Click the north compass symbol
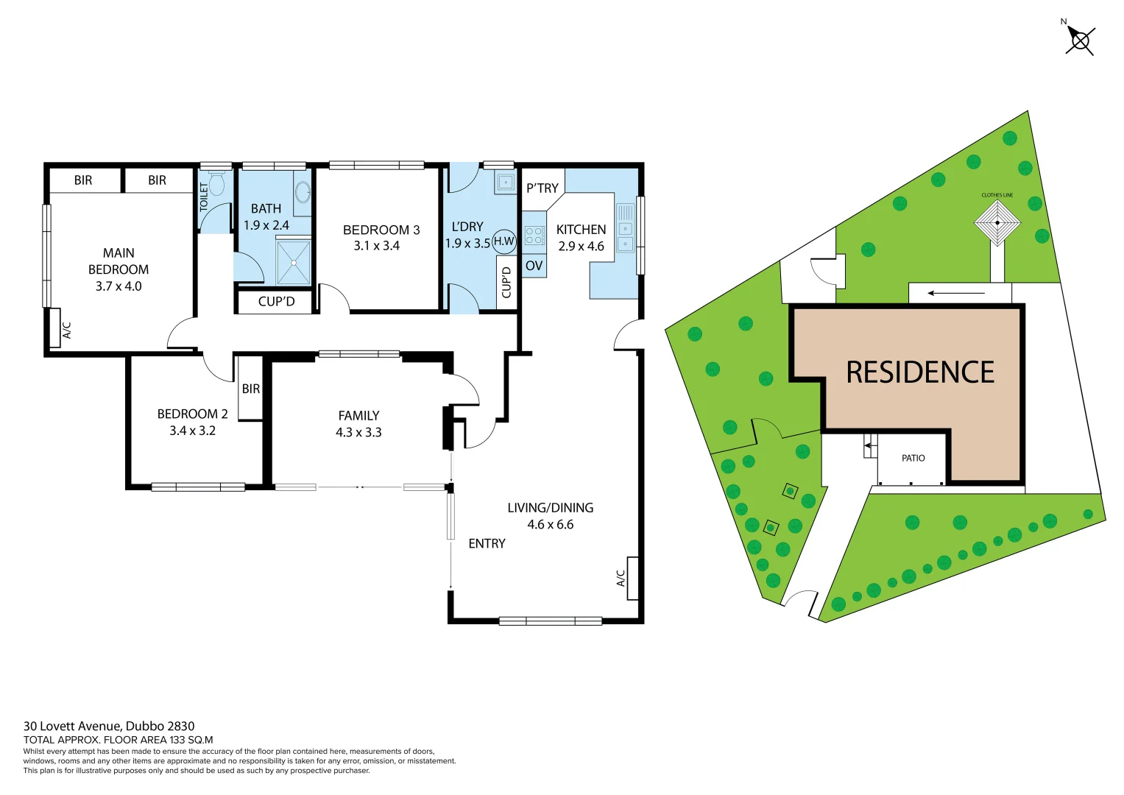pyautogui.click(x=1080, y=40)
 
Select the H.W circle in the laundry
pyautogui.click(x=504, y=241)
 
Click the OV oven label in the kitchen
pyautogui.click(x=534, y=266)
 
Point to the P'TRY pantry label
pyautogui.click(x=542, y=188)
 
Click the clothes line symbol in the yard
pyautogui.click(x=997, y=222)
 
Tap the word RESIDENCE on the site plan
pyautogui.click(x=920, y=372)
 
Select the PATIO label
pyautogui.click(x=913, y=458)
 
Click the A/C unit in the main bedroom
pyautogui.click(x=54, y=328)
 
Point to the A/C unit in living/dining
pyautogui.click(x=632, y=578)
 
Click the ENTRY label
pyautogui.click(x=487, y=543)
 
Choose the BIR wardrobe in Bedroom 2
pyautogui.click(x=250, y=389)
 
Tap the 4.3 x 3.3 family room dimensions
pyautogui.click(x=358, y=432)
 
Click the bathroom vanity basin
pyautogui.click(x=303, y=193)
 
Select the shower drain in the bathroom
pyautogui.click(x=294, y=261)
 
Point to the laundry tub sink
pyautogui.click(x=505, y=182)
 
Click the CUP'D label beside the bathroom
pyautogui.click(x=276, y=301)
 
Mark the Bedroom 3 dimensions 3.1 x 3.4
pyautogui.click(x=376, y=246)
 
